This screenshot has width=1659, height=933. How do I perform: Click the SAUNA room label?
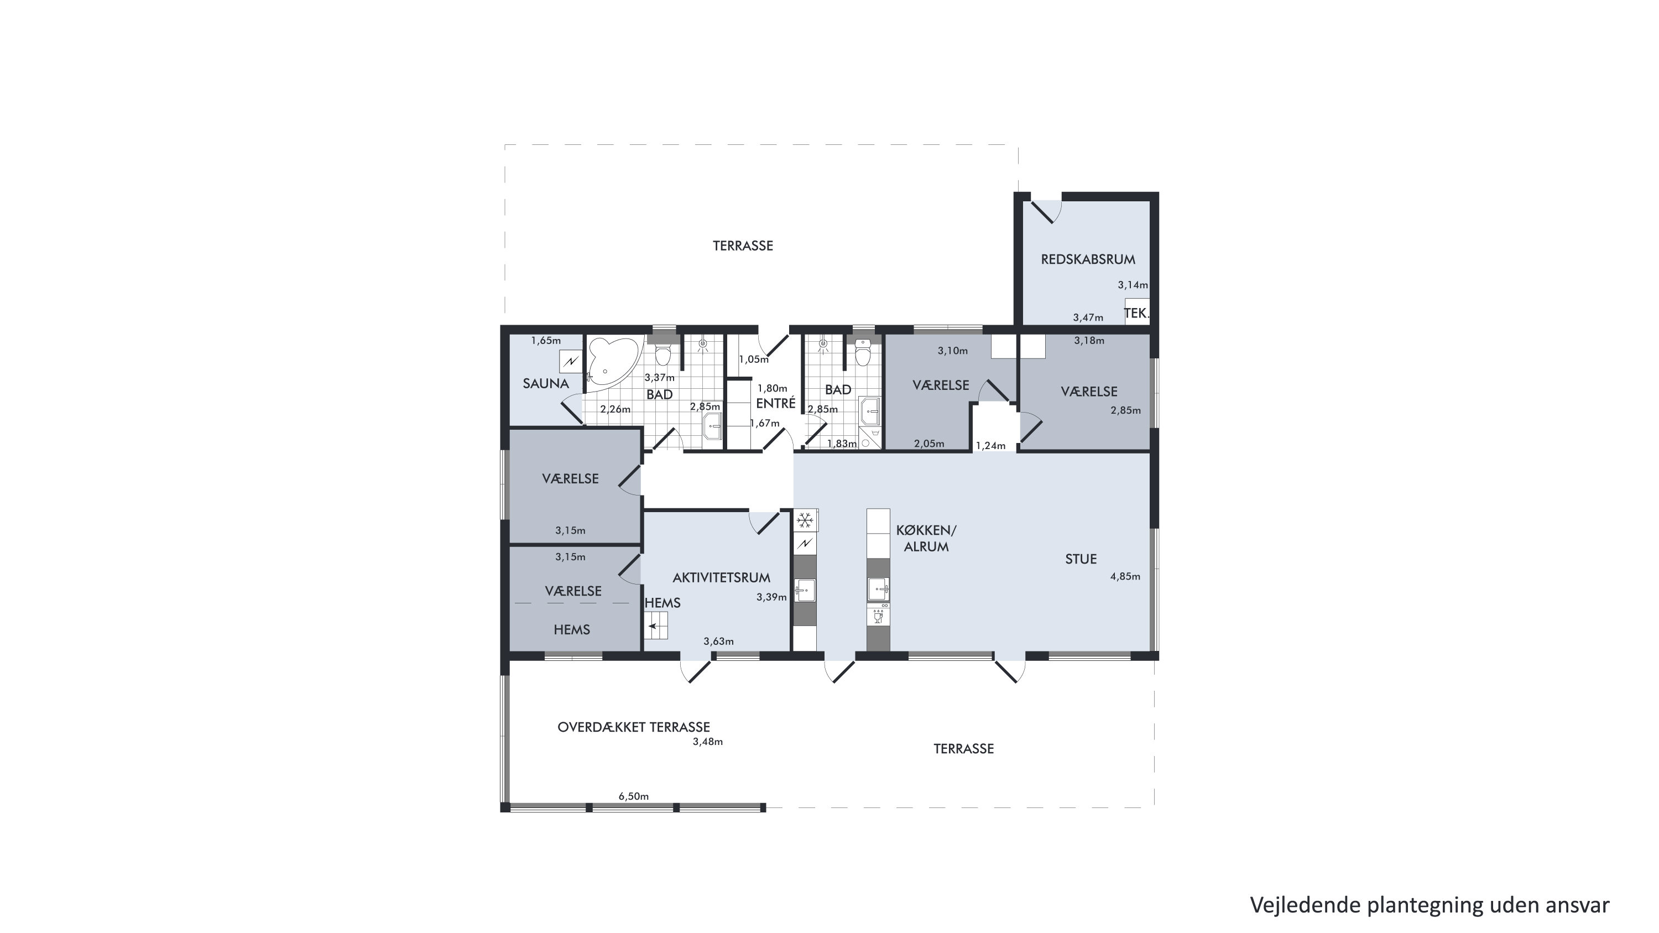pyautogui.click(x=545, y=384)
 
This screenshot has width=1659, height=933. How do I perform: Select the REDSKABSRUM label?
pyautogui.click(x=1088, y=259)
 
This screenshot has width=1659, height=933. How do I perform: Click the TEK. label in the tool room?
pyautogui.click(x=1136, y=314)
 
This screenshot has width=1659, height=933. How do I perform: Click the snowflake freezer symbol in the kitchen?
pyautogui.click(x=805, y=520)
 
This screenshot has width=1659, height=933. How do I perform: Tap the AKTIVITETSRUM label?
pyautogui.click(x=721, y=577)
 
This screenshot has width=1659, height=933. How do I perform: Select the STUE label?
pyautogui.click(x=1081, y=559)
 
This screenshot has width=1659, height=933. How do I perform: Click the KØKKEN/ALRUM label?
pyautogui.click(x=926, y=538)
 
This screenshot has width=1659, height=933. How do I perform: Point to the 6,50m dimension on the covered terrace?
pyautogui.click(x=634, y=796)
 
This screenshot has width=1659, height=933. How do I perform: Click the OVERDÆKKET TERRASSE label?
pyautogui.click(x=634, y=727)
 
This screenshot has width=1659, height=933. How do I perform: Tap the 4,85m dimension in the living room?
pyautogui.click(x=1125, y=576)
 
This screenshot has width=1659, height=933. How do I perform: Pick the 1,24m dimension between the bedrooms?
pyautogui.click(x=990, y=446)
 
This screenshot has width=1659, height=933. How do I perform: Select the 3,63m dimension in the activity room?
pyautogui.click(x=719, y=642)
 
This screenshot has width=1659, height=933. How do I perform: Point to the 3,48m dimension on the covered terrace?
pyautogui.click(x=708, y=742)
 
